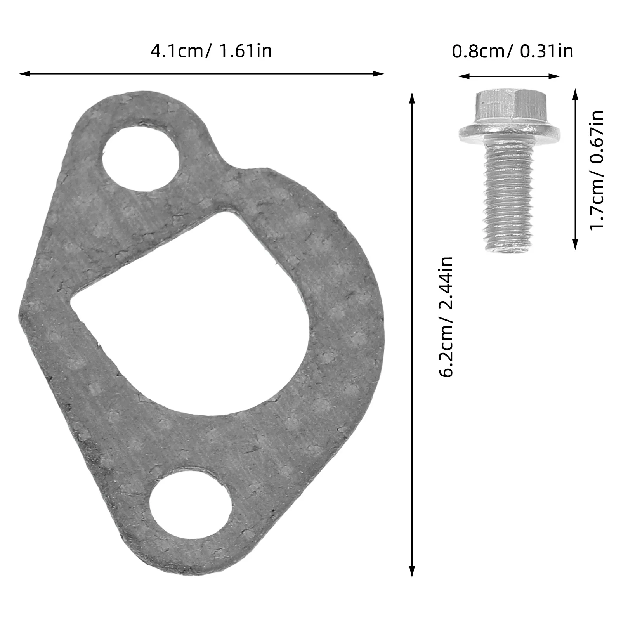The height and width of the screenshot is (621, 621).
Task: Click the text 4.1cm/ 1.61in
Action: click(x=211, y=51)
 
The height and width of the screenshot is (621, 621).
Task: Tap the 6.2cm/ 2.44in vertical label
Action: click(x=446, y=317)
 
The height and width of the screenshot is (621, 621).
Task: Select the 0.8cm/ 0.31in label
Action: click(x=512, y=51)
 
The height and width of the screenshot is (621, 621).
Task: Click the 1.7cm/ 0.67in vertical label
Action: click(x=597, y=170)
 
